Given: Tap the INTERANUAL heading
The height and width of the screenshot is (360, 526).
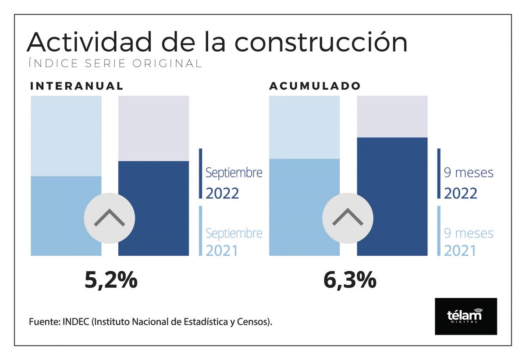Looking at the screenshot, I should pos(77,86).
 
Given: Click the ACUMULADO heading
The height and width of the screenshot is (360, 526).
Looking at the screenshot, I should pos(315,86).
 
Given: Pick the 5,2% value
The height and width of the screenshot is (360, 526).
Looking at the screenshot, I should pos(111,280).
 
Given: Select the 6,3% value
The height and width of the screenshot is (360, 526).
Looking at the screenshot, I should pos(349,280).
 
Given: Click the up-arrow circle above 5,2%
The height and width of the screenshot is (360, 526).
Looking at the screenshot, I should pos(109,218).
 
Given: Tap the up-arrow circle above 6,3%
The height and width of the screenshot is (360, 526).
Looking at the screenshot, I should pos(348,218).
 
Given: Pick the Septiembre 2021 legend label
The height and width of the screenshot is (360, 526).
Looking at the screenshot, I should pos(234,242).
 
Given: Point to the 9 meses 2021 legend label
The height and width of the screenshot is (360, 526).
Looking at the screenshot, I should pos(468,242).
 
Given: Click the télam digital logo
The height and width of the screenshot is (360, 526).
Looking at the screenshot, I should pos(466,316).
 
